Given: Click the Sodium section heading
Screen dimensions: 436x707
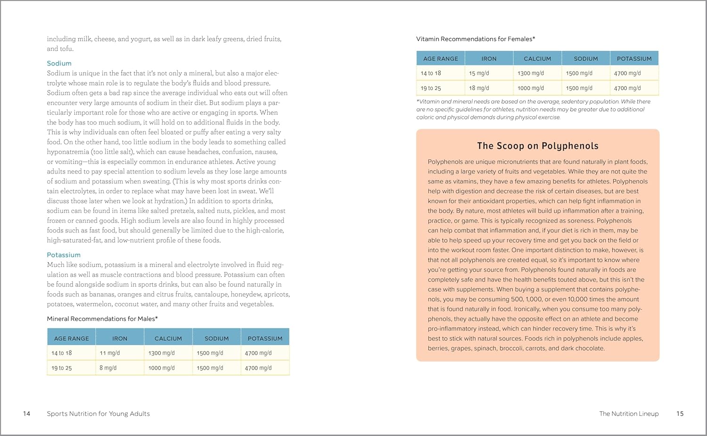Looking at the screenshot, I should pos(59,63).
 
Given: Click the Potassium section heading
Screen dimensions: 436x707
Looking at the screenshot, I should pos(64,255).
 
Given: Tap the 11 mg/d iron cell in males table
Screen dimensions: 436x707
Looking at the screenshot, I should pos(110,353).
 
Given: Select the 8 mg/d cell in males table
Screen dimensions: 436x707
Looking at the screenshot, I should pos(108,368).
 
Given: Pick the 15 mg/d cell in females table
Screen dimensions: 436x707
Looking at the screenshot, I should pos(479,74).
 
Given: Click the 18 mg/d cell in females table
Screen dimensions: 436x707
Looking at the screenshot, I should pos(479,88).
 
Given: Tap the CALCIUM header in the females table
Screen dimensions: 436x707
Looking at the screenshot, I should pos(537,59).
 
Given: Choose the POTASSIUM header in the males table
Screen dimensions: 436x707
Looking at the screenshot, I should pos(265,338).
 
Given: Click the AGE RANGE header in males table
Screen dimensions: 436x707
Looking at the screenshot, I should pos(72,338).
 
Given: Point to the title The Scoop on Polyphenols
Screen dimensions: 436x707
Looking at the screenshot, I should pos(538,146).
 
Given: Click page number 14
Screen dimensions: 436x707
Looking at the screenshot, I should pos(26,414).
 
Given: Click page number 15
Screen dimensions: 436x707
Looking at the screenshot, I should pos(680,414).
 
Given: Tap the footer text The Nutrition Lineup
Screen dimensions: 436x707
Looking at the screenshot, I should pos(629,414).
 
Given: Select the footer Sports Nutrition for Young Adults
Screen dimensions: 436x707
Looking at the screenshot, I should pos(98,414).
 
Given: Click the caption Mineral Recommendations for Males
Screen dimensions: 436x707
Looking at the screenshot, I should pos(102,319).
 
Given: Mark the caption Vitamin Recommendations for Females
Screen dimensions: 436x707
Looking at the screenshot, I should pos(476,39).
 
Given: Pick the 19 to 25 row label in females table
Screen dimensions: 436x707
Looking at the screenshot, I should pos(431,88).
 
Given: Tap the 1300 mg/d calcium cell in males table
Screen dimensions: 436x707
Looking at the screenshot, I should pos(162,353).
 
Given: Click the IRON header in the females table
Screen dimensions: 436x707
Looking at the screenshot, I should pos(489,59).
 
